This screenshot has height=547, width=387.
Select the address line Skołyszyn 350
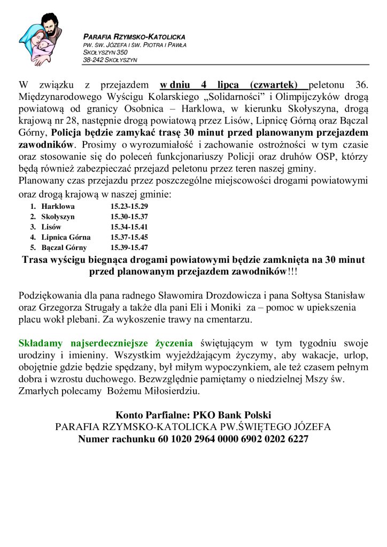coord(105,52)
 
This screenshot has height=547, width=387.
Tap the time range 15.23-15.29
coord(129,206)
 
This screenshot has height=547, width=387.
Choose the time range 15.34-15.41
coord(129,227)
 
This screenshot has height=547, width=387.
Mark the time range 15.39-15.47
coord(129,247)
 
